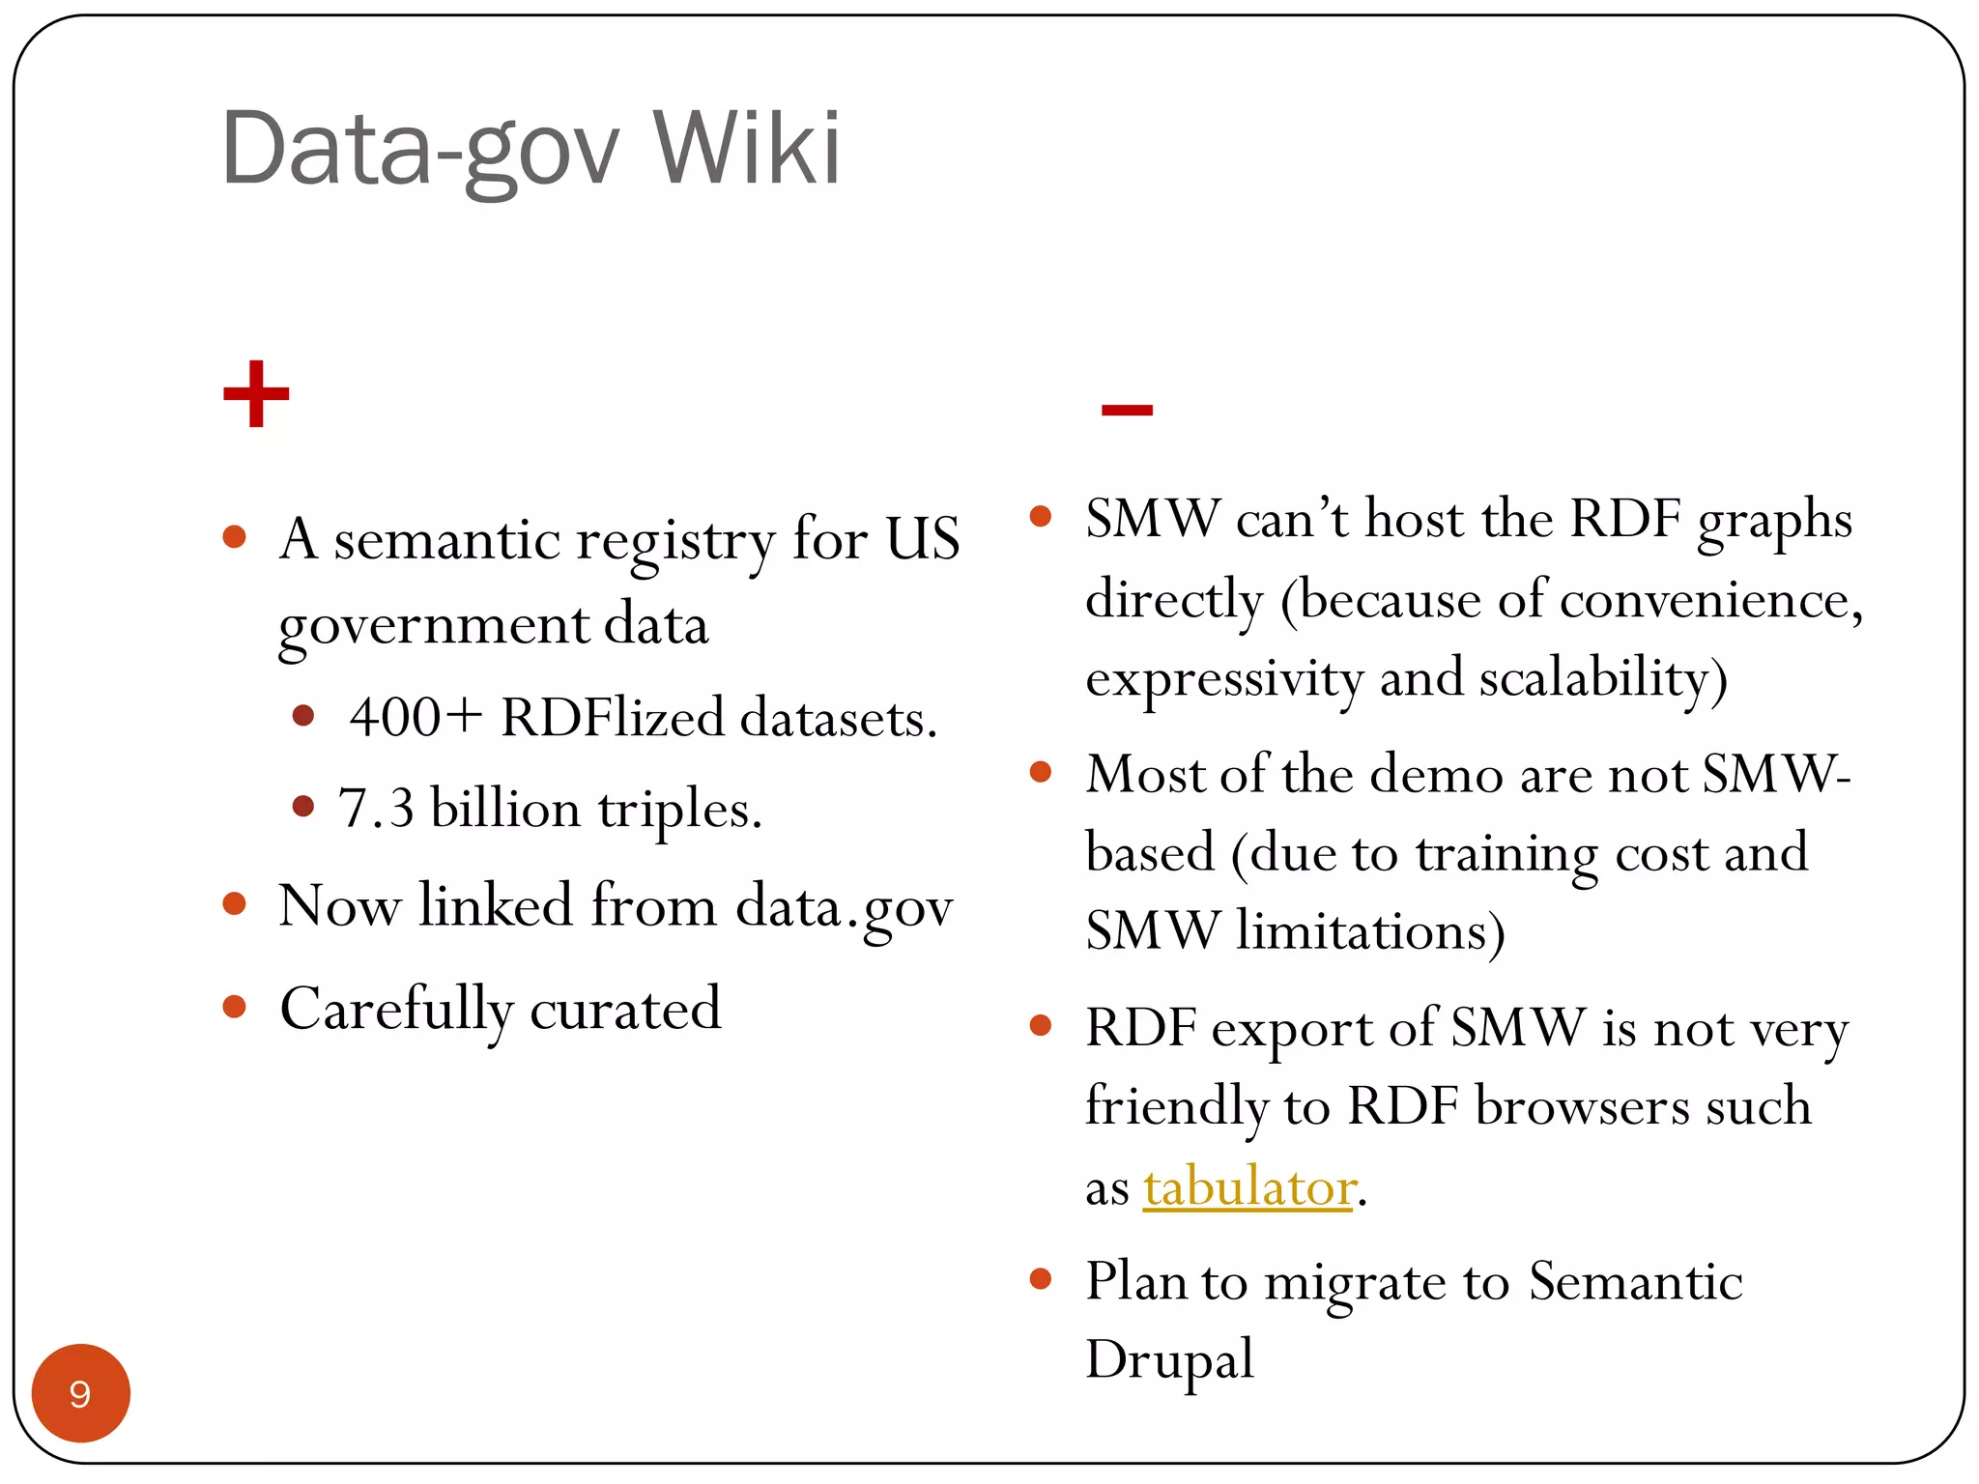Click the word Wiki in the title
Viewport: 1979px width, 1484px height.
click(x=746, y=150)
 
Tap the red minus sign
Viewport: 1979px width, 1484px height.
click(x=1127, y=411)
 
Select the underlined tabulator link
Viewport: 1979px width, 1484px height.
click(x=1248, y=1186)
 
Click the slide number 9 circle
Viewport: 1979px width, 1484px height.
click(x=80, y=1393)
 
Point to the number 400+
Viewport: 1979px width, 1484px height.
click(x=416, y=718)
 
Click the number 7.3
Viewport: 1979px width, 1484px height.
click(x=376, y=808)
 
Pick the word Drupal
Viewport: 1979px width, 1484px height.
click(x=1169, y=1360)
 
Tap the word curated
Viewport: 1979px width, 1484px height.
click(x=625, y=1010)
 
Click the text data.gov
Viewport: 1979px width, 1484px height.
click(x=844, y=907)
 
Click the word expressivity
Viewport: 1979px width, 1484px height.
click(x=1224, y=679)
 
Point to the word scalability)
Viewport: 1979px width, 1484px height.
click(x=1603, y=677)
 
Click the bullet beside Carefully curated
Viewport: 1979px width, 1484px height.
click(x=235, y=1007)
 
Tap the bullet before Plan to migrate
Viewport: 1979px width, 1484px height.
click(x=1041, y=1279)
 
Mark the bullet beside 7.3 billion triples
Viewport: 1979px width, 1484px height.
click(x=303, y=806)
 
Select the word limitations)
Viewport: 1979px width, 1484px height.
click(x=1370, y=931)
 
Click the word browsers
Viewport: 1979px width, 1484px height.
click(x=1582, y=1107)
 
